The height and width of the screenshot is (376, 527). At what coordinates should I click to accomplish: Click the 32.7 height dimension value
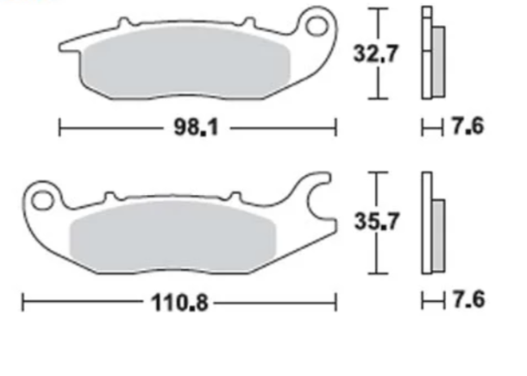tap(375, 53)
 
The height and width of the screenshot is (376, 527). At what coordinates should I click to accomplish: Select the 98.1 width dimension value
tap(196, 128)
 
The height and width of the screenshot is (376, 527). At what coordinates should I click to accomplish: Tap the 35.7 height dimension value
tap(377, 222)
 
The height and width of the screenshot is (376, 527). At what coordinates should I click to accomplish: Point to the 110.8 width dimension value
tap(179, 303)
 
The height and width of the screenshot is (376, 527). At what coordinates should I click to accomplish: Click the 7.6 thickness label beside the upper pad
tap(467, 126)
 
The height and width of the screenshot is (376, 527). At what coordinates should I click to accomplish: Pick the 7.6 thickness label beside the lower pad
tap(468, 299)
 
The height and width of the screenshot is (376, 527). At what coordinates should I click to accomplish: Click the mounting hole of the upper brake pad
tap(317, 26)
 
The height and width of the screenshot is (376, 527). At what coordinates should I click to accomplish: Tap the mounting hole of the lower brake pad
tap(42, 201)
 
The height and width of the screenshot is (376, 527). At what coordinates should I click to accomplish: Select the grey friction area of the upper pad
tap(187, 62)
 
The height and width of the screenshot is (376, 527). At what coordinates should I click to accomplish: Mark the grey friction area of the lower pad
tap(173, 237)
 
